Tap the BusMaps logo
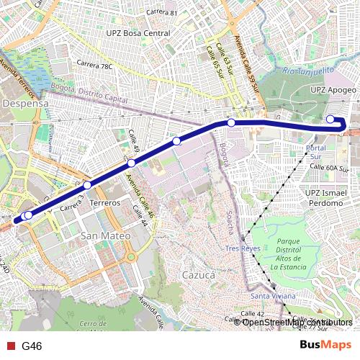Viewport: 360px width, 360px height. point(326,346)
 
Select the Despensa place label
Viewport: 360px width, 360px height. point(25,104)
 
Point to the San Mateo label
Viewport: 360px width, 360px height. point(106,235)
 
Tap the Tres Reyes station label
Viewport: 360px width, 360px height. point(242,248)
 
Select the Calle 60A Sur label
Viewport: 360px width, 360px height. point(328,167)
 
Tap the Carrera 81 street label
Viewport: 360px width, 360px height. point(161,13)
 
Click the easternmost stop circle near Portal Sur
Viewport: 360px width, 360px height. point(330,120)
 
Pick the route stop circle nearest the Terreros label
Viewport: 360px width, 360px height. point(87,186)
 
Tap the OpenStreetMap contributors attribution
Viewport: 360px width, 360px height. point(293,322)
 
